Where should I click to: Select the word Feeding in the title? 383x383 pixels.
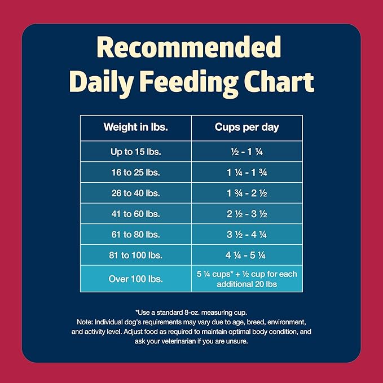click(x=190, y=83)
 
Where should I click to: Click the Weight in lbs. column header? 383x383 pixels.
click(x=135, y=127)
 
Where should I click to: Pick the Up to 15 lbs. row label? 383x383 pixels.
click(x=135, y=152)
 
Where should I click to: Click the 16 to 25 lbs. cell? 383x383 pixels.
click(x=135, y=172)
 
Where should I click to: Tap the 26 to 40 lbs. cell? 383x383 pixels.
click(x=135, y=193)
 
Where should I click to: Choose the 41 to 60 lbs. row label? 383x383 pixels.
click(x=135, y=214)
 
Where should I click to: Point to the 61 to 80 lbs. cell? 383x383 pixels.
click(x=135, y=234)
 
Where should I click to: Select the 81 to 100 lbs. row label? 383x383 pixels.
click(x=135, y=255)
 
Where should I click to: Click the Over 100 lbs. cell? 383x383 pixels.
click(x=135, y=279)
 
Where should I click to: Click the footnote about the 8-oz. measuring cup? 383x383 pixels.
click(x=191, y=311)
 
